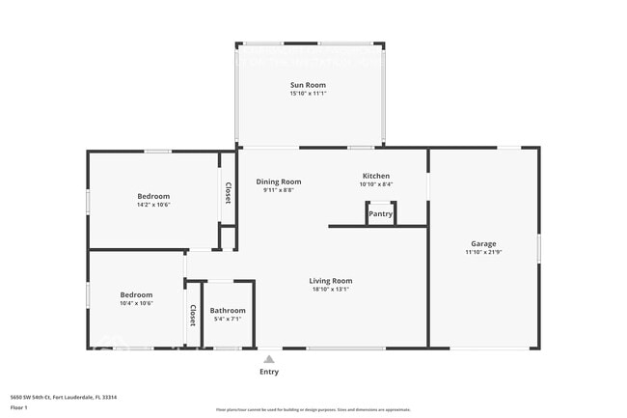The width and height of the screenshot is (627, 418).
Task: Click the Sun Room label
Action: [309, 85]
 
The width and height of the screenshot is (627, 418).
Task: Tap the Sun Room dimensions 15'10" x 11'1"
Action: [309, 94]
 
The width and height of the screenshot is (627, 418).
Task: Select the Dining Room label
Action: [278, 181]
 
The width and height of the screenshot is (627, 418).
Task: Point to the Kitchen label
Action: [375, 176]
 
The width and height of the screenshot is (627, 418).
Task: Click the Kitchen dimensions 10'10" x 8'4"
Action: [375, 184]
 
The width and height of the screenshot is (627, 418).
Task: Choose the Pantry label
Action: [381, 214]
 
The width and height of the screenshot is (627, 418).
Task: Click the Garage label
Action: [483, 243]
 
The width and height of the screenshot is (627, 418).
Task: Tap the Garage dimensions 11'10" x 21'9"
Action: [483, 252]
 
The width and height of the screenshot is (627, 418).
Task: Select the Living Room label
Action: [331, 281]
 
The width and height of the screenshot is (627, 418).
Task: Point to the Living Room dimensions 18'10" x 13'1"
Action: [331, 290]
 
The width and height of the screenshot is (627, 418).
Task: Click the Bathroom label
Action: [228, 311]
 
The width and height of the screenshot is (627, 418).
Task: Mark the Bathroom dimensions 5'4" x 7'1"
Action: [228, 320]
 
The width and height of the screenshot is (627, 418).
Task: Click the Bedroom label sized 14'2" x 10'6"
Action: [153, 196]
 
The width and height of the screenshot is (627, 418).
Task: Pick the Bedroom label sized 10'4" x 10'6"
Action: [136, 294]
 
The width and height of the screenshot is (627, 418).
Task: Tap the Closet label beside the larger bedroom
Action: [229, 192]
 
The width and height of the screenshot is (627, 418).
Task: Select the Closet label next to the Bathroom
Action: [193, 315]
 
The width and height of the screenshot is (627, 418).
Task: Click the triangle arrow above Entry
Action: [269, 359]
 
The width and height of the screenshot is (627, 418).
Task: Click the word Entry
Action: [269, 372]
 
